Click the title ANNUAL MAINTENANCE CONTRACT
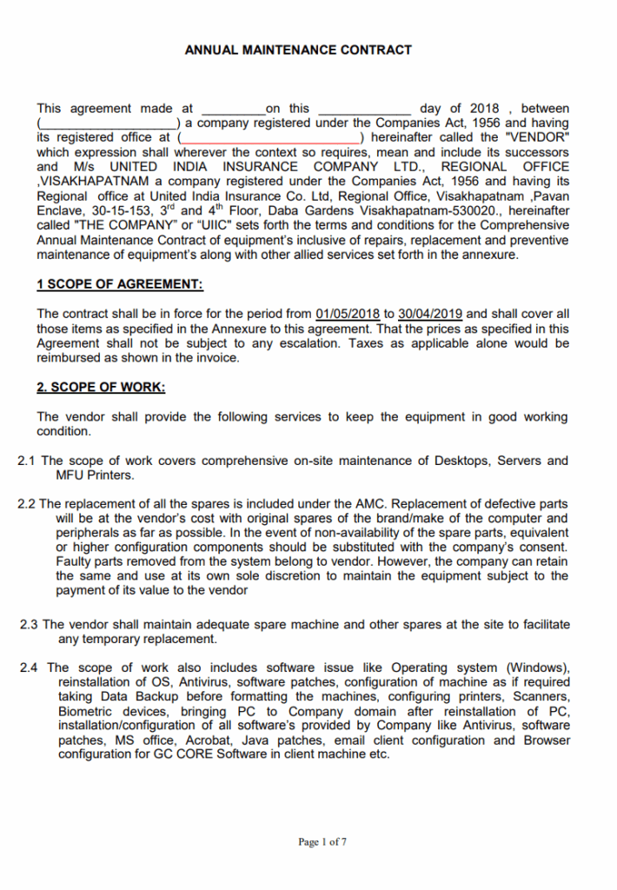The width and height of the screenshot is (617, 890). point(298,50)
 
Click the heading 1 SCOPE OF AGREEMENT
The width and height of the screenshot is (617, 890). point(120,285)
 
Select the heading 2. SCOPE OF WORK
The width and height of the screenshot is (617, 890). point(101,387)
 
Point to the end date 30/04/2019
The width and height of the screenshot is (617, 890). point(432,314)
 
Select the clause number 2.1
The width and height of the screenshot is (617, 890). point(27,461)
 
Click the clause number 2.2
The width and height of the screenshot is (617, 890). point(27,503)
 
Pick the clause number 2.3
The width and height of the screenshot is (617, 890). point(29,624)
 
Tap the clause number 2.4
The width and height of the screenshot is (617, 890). point(29,667)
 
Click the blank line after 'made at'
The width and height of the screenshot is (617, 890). point(233,110)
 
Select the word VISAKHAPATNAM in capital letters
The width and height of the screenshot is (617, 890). point(83,181)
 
